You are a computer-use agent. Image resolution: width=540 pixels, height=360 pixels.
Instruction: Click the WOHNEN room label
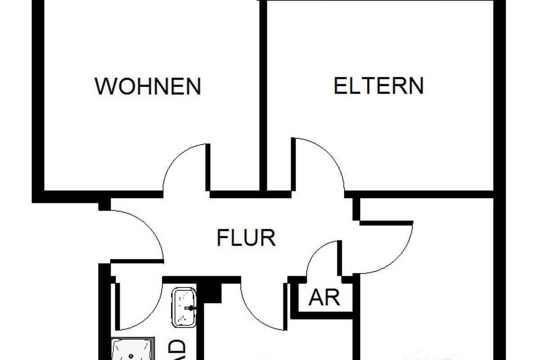pos(148,86)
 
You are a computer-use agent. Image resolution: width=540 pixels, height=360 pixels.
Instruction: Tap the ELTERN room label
pos(378,85)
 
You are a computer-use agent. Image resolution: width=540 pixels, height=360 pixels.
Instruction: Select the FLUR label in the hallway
pos(246,238)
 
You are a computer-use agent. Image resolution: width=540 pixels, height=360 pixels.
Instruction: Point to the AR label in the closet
pos(324,297)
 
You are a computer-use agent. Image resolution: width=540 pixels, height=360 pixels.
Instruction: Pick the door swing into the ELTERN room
pos(319,162)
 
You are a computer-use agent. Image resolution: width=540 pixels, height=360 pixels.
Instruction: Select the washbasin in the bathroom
pos(184,306)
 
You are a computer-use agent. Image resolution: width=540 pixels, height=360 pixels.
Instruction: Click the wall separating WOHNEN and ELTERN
pos(264,94)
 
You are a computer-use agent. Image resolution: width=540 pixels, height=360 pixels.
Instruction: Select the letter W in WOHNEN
pos(104,86)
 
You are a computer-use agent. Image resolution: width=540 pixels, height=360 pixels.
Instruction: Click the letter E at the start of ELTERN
pos(340,85)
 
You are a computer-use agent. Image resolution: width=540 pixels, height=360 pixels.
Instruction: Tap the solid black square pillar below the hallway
pos(211,292)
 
